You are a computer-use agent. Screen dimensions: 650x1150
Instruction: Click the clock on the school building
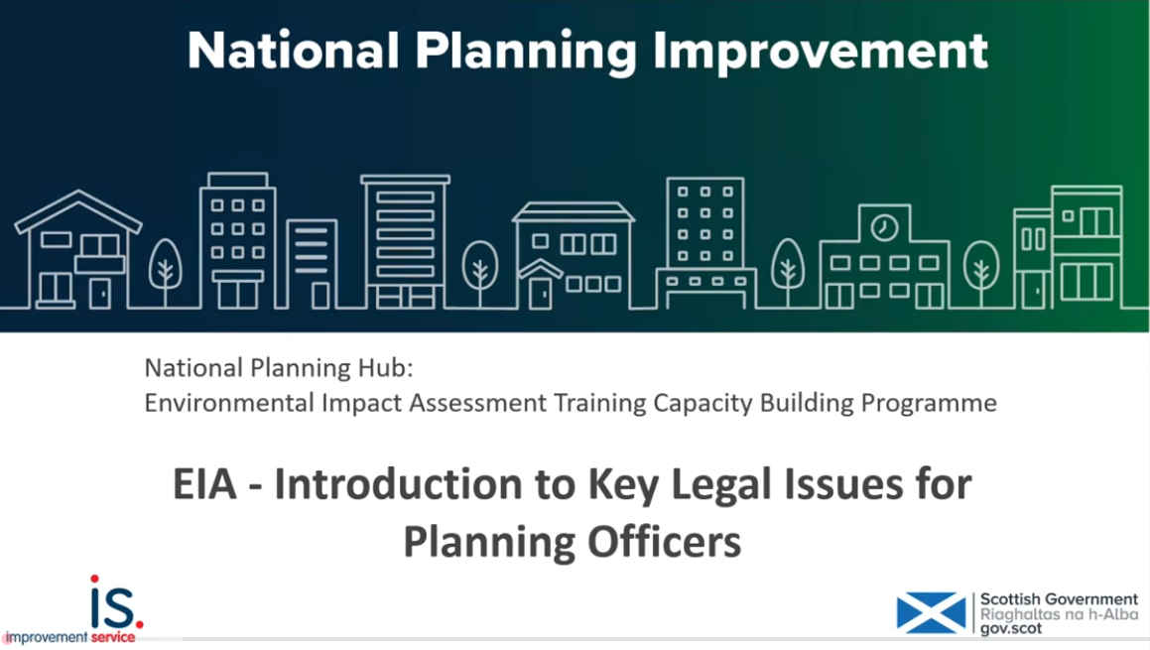883,228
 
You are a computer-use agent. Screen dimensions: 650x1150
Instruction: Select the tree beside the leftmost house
165,266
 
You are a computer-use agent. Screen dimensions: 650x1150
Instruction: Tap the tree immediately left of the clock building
789,266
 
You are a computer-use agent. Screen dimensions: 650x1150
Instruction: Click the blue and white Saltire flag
930,612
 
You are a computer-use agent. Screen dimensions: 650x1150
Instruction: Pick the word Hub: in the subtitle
382,368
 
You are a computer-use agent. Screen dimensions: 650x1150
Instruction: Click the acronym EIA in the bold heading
205,484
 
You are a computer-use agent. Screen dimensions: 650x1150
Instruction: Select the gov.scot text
1013,628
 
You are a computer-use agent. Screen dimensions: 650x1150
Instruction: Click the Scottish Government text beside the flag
1059,599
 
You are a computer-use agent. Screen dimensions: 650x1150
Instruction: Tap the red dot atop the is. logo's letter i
95,579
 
